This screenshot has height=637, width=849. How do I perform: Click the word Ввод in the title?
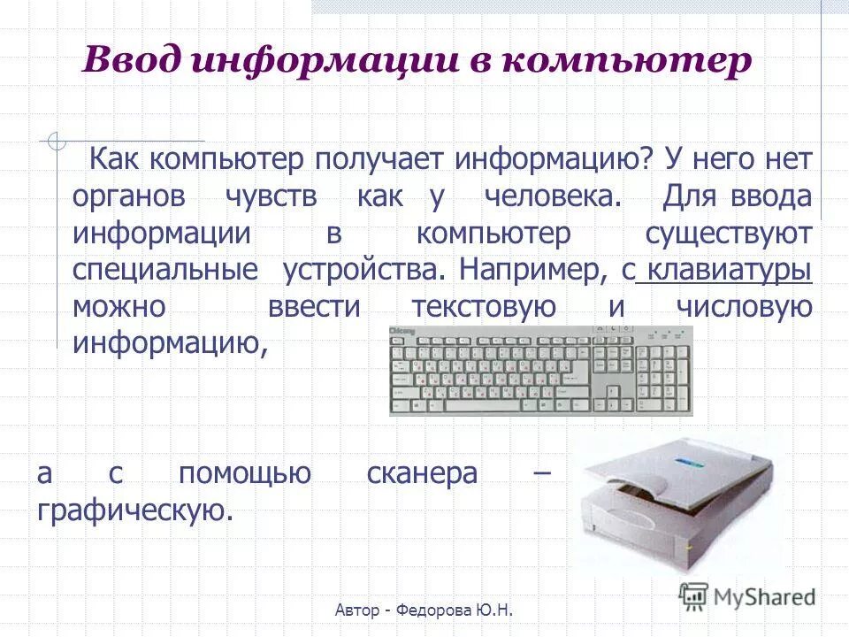click(131, 62)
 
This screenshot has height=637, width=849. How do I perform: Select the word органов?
click(129, 196)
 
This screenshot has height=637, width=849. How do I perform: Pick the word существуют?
click(728, 234)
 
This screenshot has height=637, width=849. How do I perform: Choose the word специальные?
click(165, 270)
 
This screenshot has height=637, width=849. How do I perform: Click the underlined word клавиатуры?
click(730, 270)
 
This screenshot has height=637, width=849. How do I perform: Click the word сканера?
click(422, 473)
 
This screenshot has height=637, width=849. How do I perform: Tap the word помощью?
click(244, 473)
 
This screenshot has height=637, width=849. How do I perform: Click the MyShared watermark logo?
click(747, 595)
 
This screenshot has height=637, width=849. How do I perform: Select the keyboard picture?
click(540, 371)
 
